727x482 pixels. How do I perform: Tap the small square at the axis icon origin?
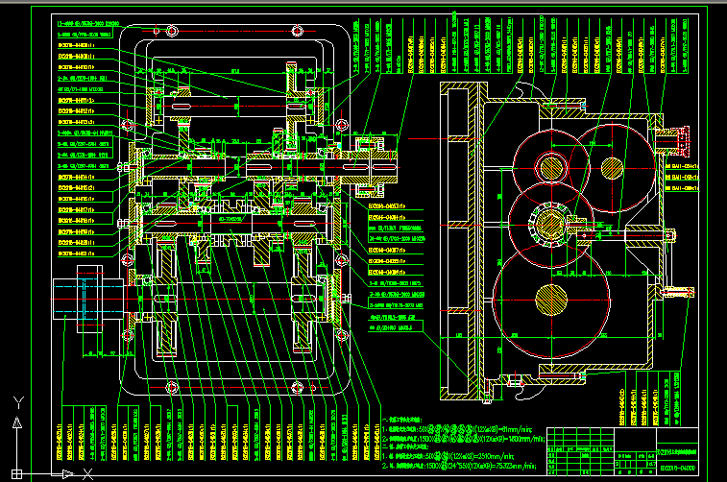(15, 472)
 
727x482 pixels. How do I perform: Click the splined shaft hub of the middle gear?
(548, 224)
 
